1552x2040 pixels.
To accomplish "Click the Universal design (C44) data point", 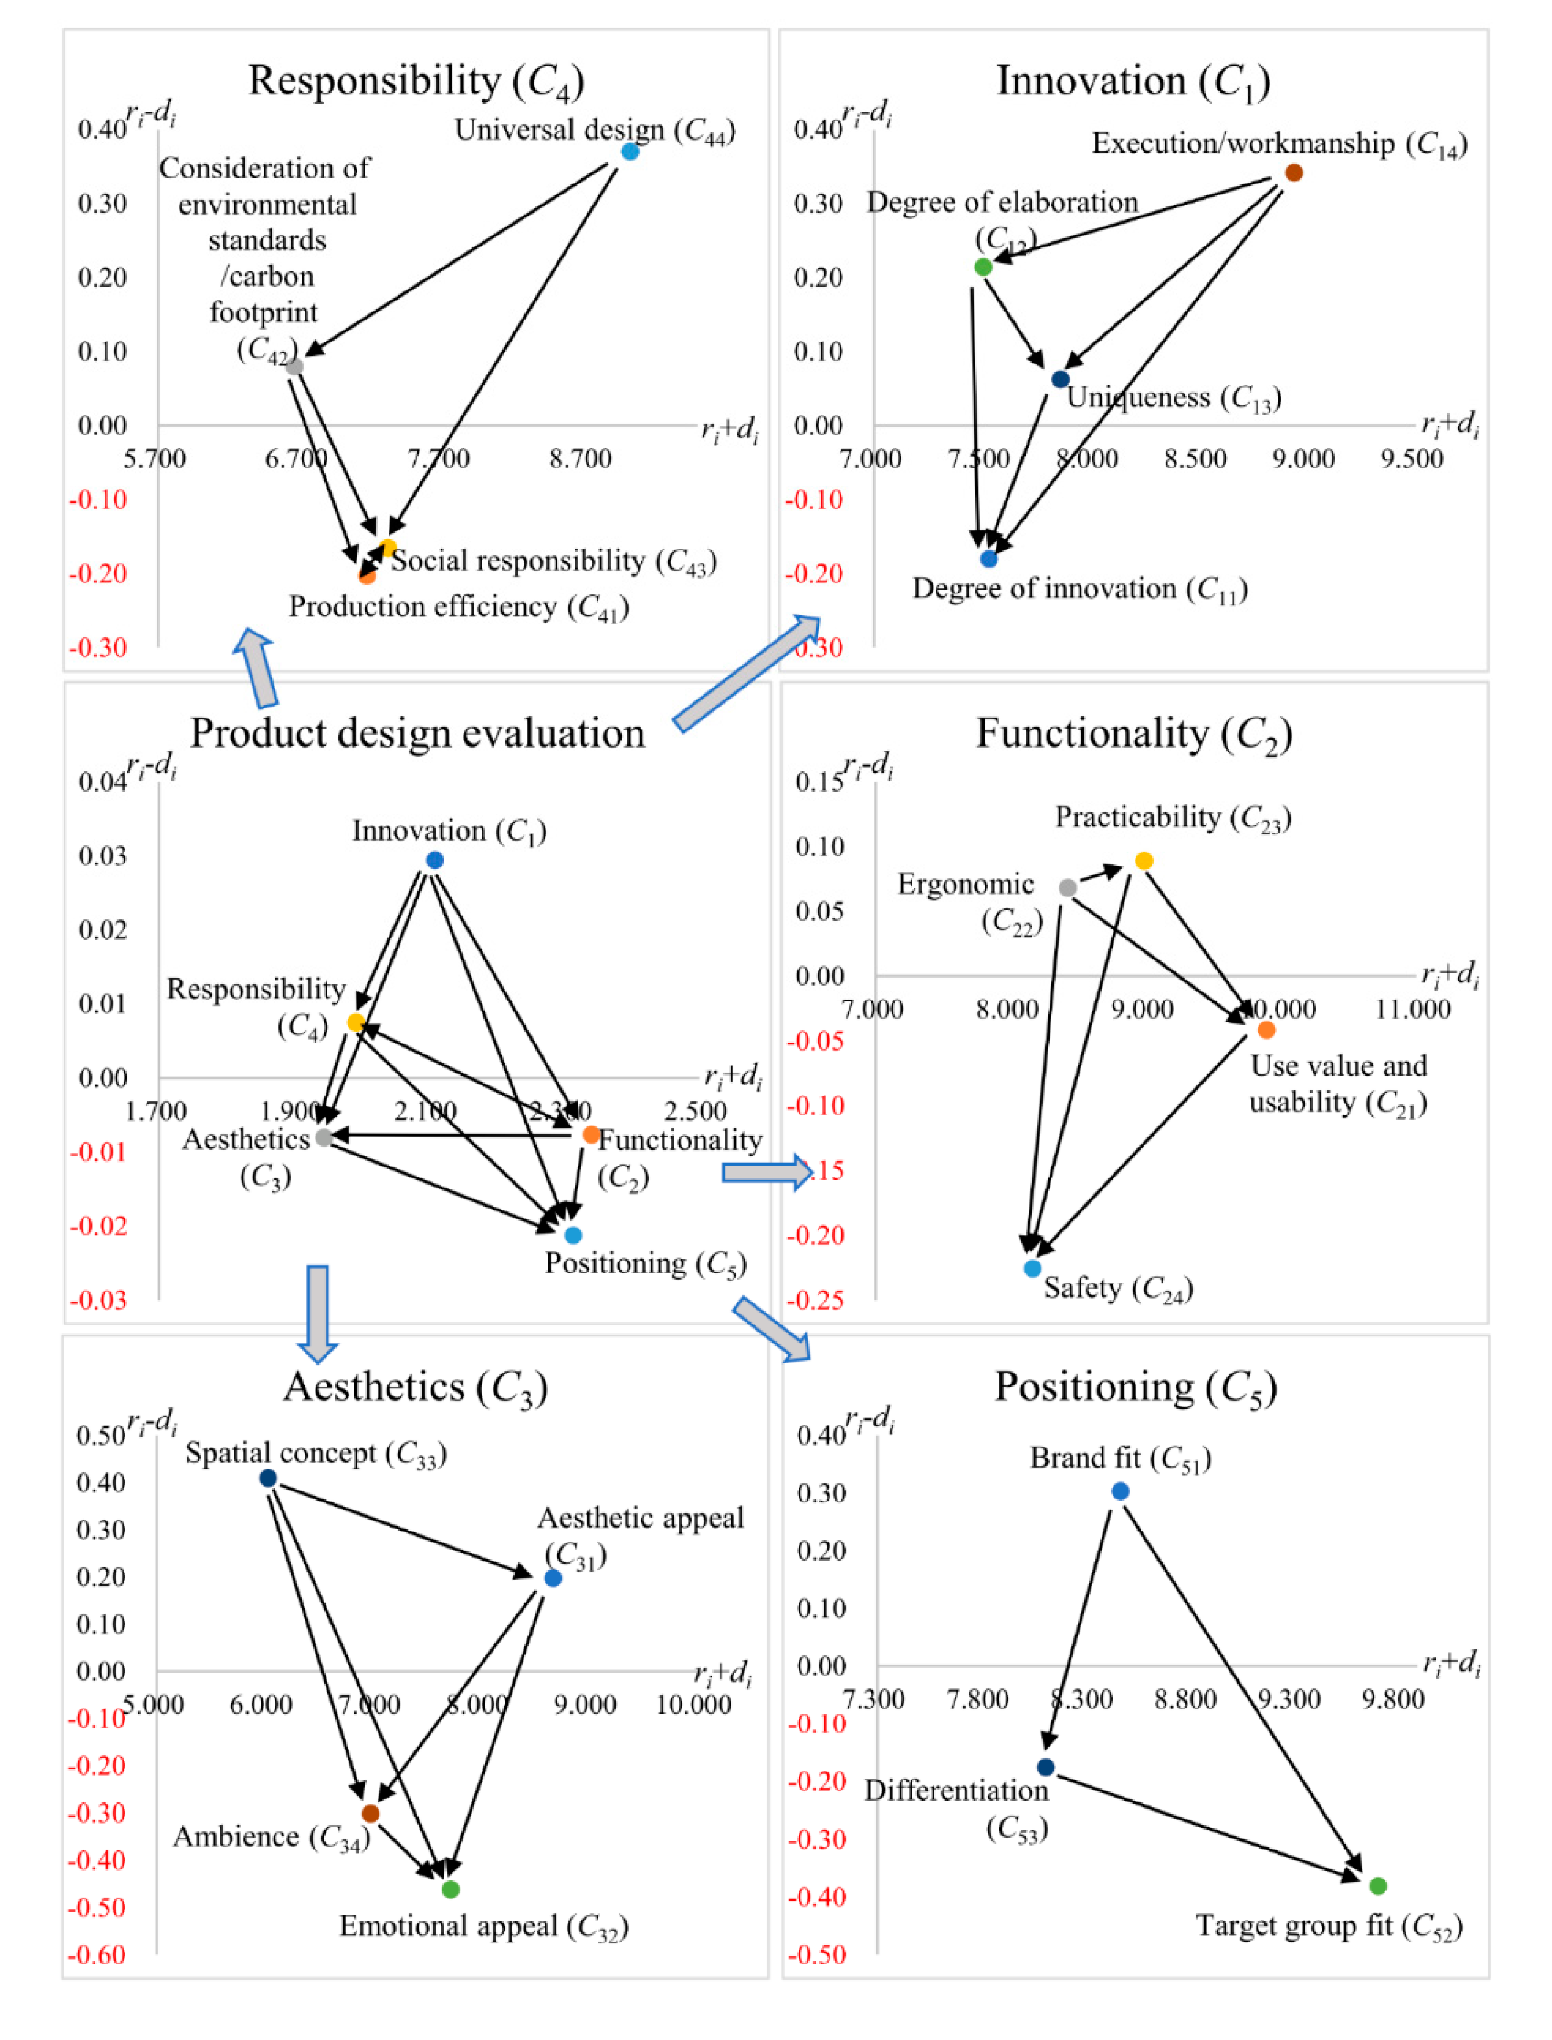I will click(630, 151).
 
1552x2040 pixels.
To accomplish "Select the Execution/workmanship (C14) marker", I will click(1294, 173).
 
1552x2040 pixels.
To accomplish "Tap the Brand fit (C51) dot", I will click(1119, 1491).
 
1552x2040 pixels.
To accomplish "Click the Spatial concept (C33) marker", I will click(268, 1479).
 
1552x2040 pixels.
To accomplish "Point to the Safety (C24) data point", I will click(1033, 1269).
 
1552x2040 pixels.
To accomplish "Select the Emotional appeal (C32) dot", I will click(451, 1890).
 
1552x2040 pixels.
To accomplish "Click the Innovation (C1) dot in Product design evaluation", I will click(434, 860).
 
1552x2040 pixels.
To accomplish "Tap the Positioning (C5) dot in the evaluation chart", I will click(573, 1235).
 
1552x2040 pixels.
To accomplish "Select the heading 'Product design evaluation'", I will click(417, 734).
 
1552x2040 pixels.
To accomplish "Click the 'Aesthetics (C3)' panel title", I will click(416, 1388).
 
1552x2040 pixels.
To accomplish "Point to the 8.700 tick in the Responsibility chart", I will click(580, 459).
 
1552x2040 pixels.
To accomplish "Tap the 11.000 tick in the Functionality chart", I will click(1413, 1009).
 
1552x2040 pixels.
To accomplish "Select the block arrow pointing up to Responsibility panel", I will click(258, 667).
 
